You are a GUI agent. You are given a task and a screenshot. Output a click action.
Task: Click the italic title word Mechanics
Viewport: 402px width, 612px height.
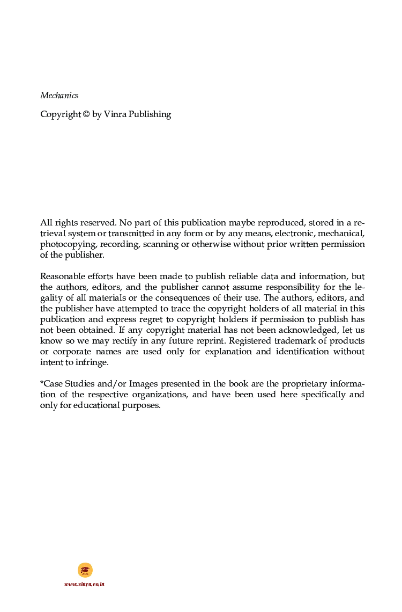tap(59, 96)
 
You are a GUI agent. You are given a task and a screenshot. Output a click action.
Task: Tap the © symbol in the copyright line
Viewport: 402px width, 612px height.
tap(86, 114)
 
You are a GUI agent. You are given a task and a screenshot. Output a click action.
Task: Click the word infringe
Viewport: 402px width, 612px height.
tap(94, 362)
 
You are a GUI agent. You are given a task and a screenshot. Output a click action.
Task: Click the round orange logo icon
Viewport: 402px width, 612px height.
tap(85, 570)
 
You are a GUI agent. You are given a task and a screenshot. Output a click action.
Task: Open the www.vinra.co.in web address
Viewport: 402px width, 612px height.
tap(84, 584)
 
